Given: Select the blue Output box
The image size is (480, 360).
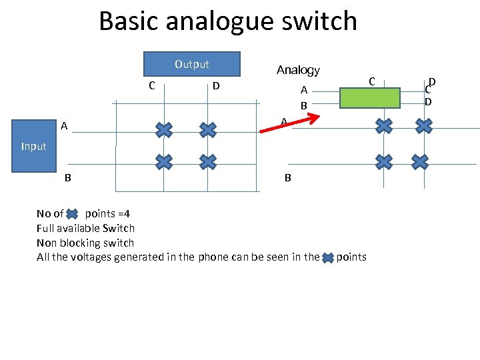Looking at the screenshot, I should (x=192, y=64).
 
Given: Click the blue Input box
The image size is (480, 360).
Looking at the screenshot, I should (x=33, y=146).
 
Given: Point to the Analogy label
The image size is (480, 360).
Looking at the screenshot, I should (x=298, y=70).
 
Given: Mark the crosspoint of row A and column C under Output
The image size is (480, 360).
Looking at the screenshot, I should (x=163, y=129).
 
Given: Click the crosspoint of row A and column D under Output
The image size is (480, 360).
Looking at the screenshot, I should (x=208, y=129).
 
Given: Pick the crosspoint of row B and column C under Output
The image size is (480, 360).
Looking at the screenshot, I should (x=163, y=161).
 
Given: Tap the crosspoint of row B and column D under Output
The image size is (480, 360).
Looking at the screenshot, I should (x=208, y=161).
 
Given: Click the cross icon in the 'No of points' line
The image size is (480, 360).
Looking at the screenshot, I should (x=74, y=214).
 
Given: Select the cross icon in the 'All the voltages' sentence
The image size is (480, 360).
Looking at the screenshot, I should (x=328, y=258).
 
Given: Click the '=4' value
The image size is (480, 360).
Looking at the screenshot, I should (x=123, y=214).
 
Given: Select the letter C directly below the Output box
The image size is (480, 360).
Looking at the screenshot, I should (x=152, y=85).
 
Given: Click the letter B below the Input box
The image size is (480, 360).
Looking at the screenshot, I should (x=68, y=178).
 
